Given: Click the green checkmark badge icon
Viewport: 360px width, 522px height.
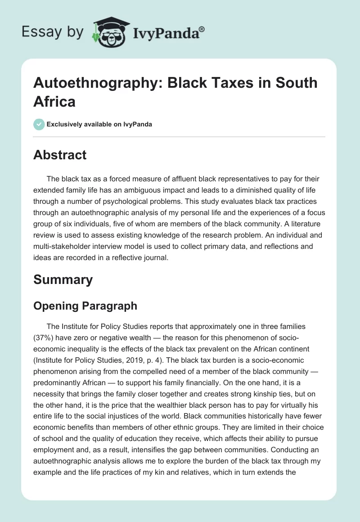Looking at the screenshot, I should pyautogui.click(x=39, y=124).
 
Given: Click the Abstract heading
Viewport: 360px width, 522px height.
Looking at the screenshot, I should pyautogui.click(x=60, y=155).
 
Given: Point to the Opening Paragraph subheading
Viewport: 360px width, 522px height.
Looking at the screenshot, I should pyautogui.click(x=85, y=306).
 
